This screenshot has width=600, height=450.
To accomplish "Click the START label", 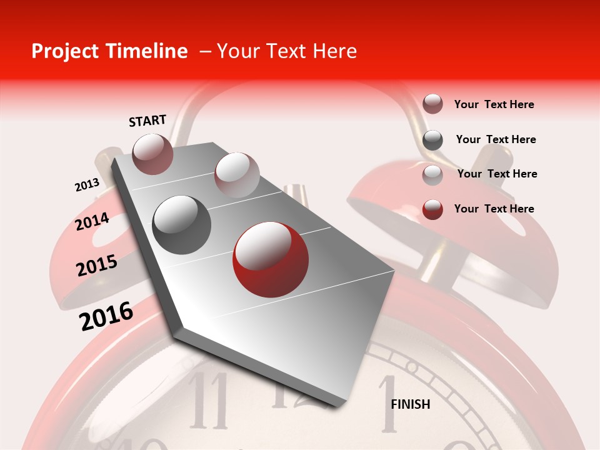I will point(147,121).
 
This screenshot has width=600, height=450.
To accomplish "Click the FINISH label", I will point(410,404).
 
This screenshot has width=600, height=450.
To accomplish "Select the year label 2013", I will point(87,185).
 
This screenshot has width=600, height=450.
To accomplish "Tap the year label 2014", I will point(92,222).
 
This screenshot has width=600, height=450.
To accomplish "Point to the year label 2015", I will point(96,266).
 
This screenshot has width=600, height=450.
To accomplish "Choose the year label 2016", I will point(106,316).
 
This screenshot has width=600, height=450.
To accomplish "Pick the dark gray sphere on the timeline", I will point(181,224).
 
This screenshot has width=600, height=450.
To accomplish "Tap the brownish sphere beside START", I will point(152,154).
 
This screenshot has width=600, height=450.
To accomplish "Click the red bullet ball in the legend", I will point(432,209).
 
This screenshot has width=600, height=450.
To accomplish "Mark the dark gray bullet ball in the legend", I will point(432,140).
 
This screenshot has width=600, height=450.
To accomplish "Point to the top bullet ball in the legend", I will point(432,104).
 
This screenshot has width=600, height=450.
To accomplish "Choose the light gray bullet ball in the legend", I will point(432,175).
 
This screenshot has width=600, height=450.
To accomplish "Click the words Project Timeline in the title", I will point(109,51).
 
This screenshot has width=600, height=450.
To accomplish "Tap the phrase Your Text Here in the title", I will point(286,51).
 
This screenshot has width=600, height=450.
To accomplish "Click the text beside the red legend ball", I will point(494,209).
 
